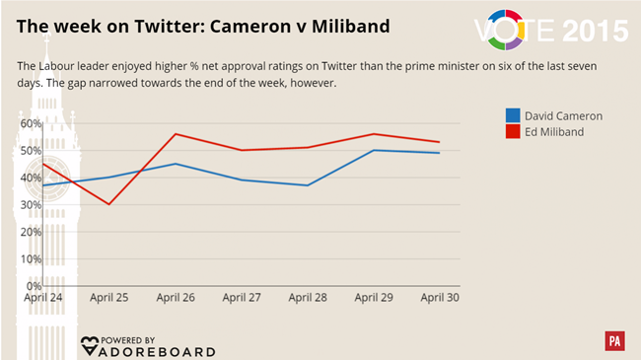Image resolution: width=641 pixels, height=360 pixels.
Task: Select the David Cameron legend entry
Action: (x=563, y=115)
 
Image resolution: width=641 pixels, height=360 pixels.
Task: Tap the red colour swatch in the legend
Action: (x=513, y=131)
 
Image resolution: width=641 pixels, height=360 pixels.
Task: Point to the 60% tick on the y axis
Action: (x=31, y=124)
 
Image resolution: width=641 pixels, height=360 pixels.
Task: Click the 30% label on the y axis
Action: (x=31, y=205)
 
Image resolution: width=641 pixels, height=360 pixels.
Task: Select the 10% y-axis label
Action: (x=31, y=259)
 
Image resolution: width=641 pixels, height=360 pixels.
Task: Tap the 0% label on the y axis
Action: (x=34, y=286)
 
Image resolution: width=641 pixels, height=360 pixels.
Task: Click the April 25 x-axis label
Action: (x=108, y=297)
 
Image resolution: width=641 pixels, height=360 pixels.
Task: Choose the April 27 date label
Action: (x=241, y=297)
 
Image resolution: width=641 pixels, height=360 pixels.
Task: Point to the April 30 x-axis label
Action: (x=440, y=297)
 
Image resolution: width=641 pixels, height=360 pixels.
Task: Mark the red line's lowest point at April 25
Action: (x=108, y=204)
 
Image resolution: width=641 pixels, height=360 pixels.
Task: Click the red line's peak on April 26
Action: (x=175, y=134)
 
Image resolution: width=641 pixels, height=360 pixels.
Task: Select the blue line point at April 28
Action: (x=308, y=185)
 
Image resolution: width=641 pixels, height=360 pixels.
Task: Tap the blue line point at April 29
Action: (x=374, y=150)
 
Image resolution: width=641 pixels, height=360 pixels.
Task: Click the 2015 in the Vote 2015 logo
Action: (x=595, y=31)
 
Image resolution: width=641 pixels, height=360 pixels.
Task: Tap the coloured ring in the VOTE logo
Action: (x=527, y=30)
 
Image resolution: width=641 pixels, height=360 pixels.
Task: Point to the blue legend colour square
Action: (x=513, y=115)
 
